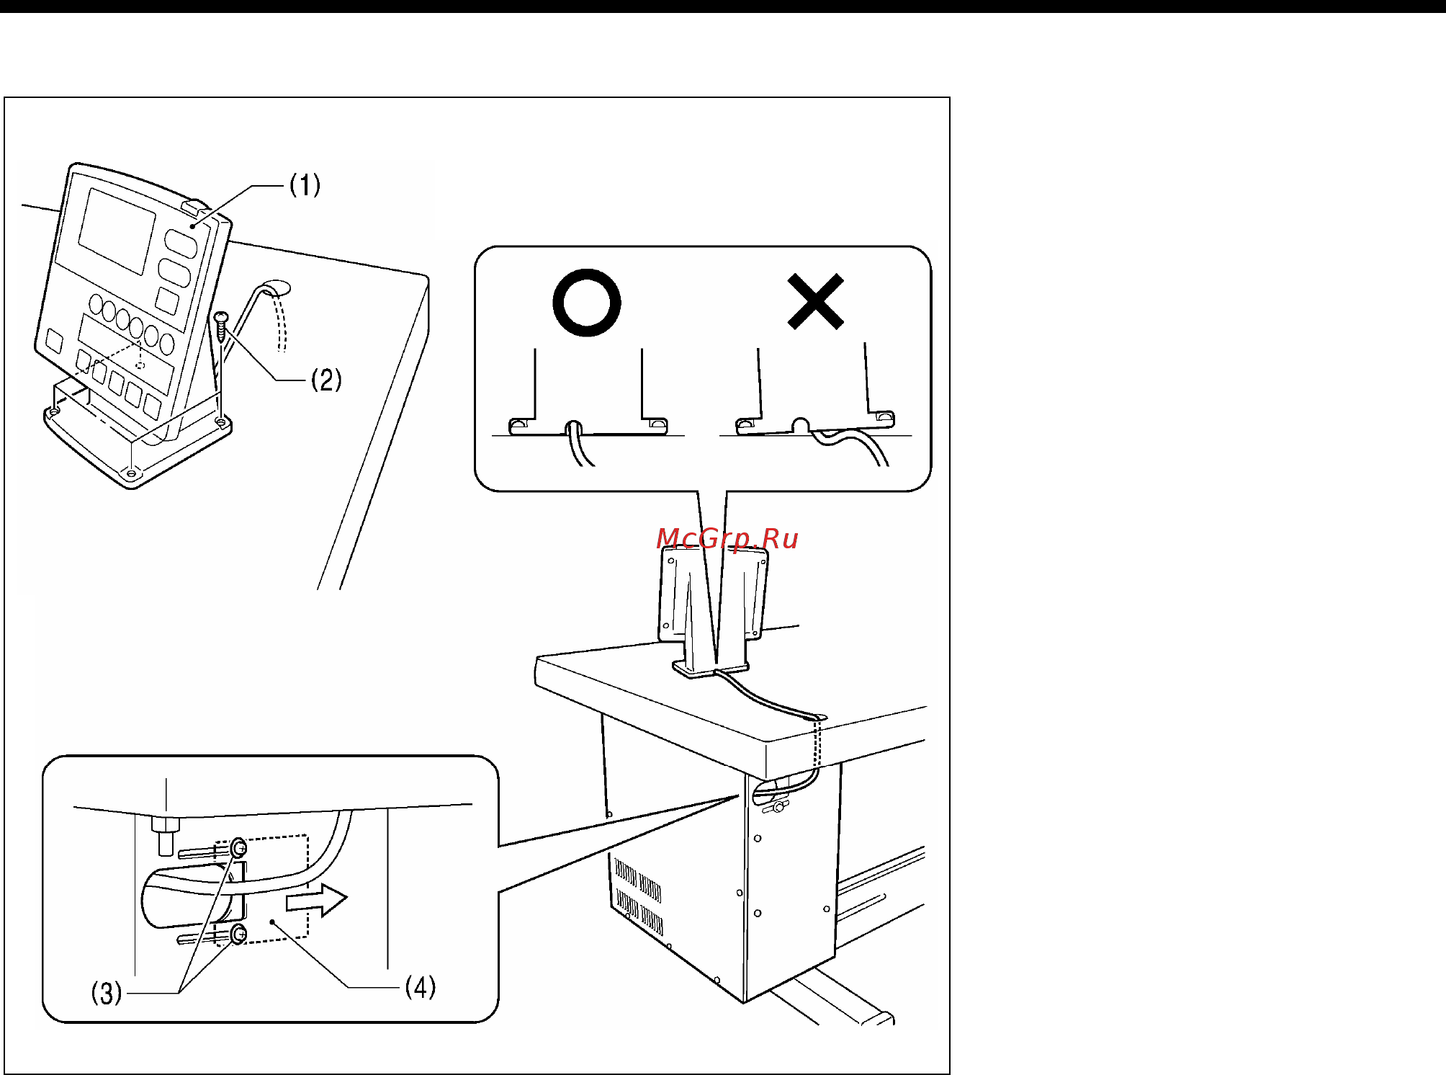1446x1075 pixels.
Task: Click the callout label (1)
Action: (305, 185)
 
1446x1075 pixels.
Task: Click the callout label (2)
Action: (326, 380)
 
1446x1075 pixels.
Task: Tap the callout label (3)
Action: (107, 993)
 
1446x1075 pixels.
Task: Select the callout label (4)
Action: (421, 986)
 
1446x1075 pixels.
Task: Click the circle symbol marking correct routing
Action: (587, 303)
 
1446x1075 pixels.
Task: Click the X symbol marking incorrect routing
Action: (816, 301)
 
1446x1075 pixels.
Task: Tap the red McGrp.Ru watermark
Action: (727, 539)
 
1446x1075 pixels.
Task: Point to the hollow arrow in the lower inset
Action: (317, 900)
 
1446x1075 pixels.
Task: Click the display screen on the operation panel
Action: (117, 231)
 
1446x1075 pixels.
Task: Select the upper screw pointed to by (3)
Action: (239, 848)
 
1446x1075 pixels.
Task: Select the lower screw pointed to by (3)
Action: (239, 935)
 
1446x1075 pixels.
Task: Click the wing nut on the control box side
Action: (778, 808)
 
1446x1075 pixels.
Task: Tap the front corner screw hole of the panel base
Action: (130, 473)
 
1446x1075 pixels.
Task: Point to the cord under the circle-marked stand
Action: (580, 444)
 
